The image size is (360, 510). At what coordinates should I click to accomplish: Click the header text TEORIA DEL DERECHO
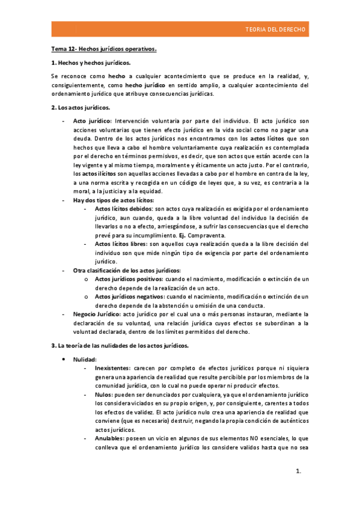coord(275,29)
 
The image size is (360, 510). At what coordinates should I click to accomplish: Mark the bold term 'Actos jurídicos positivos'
coord(129,279)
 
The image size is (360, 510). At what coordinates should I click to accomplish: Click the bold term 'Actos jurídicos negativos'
coord(129,297)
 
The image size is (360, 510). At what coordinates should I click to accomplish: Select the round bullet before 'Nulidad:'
coord(64,359)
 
